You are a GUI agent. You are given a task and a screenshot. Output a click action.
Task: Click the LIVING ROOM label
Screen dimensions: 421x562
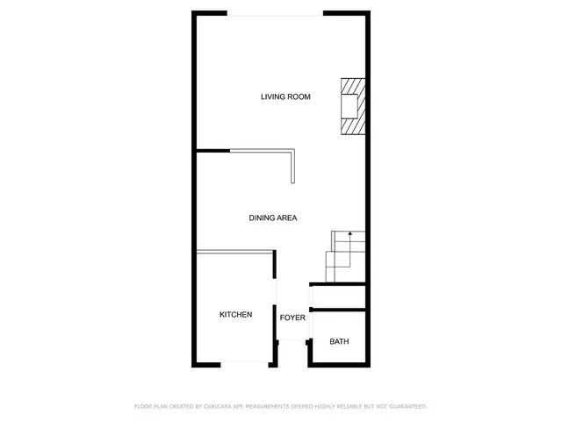pos(285,96)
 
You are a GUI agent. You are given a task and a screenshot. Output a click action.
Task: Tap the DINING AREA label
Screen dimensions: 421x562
pos(272,218)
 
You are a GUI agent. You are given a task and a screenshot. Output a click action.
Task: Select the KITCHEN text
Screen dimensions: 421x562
pos(235,314)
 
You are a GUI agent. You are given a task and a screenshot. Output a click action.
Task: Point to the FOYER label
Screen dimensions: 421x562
pos(292,318)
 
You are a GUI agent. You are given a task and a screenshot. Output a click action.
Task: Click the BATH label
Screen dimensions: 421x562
pos(338,341)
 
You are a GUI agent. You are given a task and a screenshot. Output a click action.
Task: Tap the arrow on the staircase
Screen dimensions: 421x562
pos(349,235)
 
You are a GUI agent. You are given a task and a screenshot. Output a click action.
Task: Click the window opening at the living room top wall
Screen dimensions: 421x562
pos(275,14)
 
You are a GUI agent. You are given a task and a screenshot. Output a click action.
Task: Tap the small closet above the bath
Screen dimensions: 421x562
pos(338,296)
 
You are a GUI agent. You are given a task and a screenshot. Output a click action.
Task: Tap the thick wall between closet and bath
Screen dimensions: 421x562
pos(338,310)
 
